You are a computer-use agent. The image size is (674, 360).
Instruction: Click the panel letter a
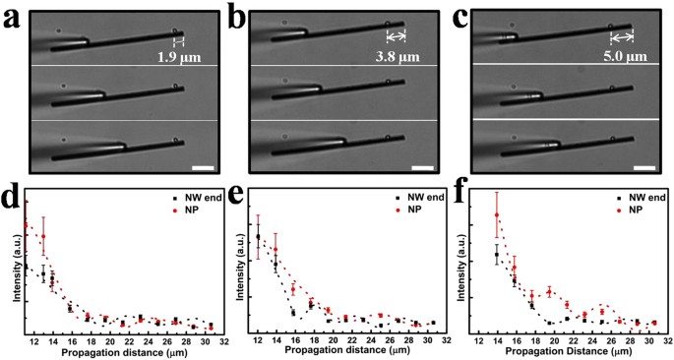[11, 17]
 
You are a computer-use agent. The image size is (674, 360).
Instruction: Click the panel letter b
[236, 17]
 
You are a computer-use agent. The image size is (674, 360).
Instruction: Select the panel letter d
[11, 201]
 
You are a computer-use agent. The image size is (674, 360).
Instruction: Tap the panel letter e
[236, 201]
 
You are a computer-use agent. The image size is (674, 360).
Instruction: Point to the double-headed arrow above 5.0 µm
[621, 38]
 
